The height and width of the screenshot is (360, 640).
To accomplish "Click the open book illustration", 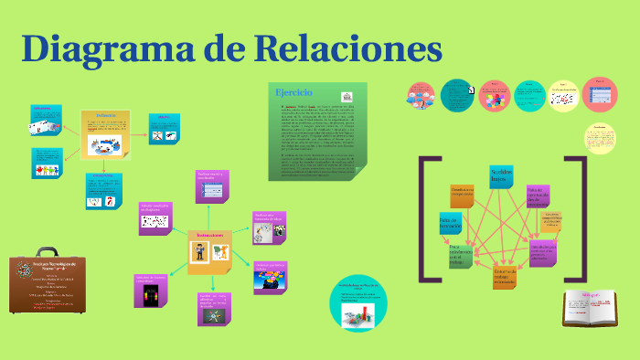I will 586,307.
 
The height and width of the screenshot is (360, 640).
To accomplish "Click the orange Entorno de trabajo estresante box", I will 505,277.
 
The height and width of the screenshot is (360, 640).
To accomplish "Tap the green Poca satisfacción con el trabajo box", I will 460,255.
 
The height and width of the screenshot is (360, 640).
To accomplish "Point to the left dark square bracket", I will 422,219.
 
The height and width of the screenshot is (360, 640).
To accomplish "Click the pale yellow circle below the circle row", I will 599,137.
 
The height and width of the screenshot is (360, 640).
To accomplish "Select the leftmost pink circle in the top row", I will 422,94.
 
